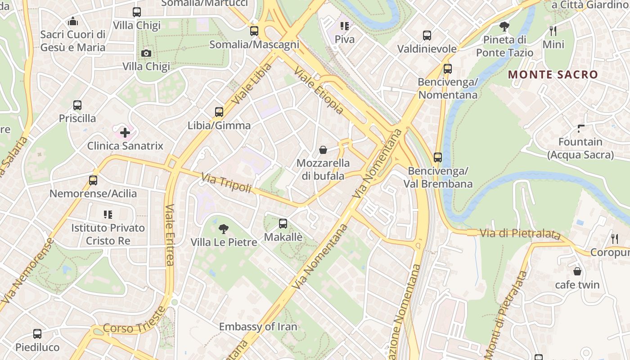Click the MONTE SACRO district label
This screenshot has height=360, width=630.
[x=553, y=75]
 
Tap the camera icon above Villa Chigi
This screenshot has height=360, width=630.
[x=146, y=54]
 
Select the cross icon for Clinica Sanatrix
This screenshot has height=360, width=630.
[x=125, y=133]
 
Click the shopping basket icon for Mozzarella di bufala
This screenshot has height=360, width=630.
[x=323, y=150]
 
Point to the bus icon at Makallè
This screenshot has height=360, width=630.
[x=283, y=224]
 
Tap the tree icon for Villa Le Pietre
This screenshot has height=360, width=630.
[x=223, y=229]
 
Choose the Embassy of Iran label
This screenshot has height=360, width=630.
[x=258, y=327]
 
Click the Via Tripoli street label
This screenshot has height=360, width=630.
[x=226, y=183]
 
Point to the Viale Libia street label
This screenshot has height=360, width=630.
[x=252, y=84]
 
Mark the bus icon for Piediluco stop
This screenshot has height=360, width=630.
[x=37, y=334]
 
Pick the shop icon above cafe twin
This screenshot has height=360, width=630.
[x=577, y=271]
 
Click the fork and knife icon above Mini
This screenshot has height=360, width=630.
[x=553, y=31]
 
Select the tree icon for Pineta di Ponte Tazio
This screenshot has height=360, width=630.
[x=504, y=27]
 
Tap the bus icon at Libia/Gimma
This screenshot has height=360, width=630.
[x=219, y=112]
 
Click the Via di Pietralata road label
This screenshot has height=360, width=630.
[x=520, y=234]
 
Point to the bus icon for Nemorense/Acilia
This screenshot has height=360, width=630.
[x=93, y=180]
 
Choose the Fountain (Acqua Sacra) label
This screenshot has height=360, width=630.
[x=580, y=148]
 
